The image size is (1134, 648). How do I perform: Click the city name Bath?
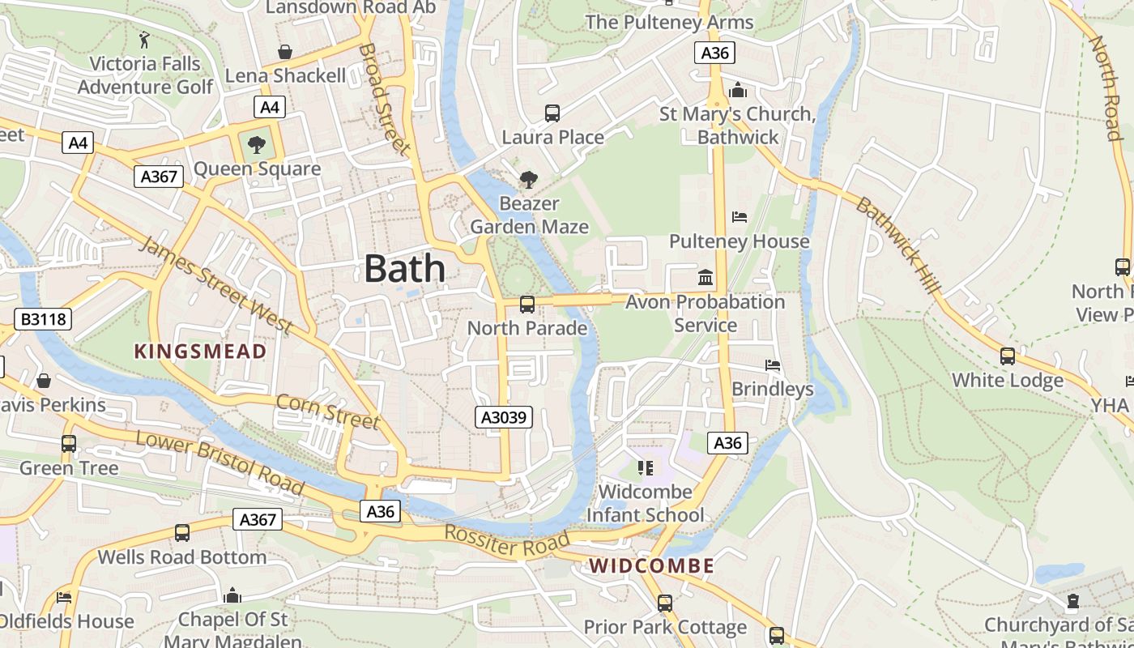coord(404,268)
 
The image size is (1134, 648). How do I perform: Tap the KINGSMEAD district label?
coord(200,352)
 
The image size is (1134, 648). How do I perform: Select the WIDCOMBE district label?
coord(652,566)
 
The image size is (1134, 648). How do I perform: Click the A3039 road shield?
coord(503,417)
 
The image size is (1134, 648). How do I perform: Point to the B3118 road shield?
coord(43,319)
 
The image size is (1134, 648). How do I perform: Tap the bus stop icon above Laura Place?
coord(552,113)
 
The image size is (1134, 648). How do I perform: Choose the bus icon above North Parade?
coord(527,305)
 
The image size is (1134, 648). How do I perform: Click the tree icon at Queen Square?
coord(257,146)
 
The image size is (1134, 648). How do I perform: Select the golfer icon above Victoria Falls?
coord(145,40)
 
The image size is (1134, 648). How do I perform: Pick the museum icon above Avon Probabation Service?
coord(706,278)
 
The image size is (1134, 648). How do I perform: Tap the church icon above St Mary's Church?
coord(737,90)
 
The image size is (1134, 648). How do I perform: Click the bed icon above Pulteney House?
coord(740,217)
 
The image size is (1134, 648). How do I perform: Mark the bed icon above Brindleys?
coord(773,365)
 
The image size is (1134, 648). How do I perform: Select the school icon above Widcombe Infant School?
coord(646,468)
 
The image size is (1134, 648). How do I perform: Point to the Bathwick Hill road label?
coord(898,245)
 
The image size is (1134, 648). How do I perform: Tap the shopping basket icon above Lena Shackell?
coord(285,52)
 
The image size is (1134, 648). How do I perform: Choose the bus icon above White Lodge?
coord(1008,356)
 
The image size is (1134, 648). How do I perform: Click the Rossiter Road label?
coord(507,541)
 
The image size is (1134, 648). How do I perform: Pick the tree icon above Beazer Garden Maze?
coord(529,179)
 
